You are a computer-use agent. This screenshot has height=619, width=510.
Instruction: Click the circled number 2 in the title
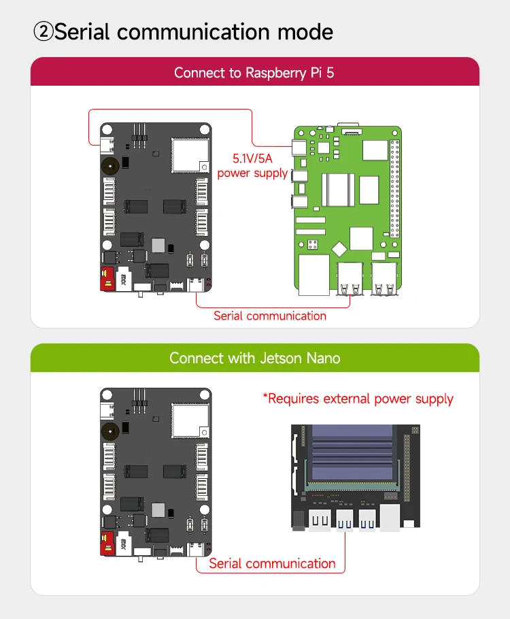[x=43, y=32]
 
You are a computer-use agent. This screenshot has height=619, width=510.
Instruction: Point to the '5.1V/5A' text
[x=252, y=159]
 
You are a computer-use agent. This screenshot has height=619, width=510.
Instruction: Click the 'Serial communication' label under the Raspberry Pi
[x=270, y=316]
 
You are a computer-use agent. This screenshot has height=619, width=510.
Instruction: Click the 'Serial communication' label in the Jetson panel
[x=272, y=563]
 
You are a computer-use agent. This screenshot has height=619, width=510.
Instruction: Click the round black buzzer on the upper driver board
[x=109, y=164]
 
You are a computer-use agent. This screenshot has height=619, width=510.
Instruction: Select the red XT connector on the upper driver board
[x=106, y=280]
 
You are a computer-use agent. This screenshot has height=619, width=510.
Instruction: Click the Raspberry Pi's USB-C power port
[x=298, y=148]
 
